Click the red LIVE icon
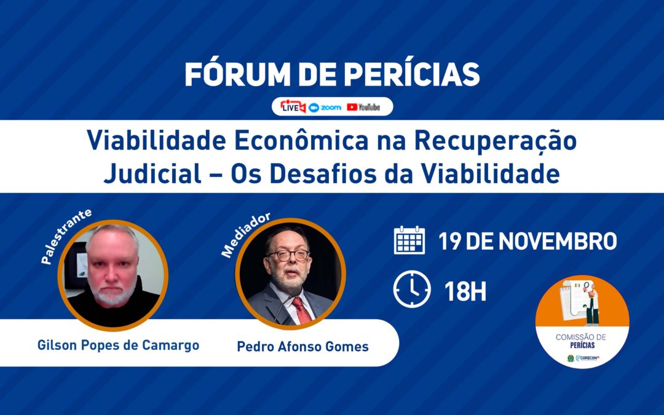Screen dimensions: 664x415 click(x=293, y=107)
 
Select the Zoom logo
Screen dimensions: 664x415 click(x=325, y=108)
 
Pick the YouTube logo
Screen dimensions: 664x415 click(x=363, y=107)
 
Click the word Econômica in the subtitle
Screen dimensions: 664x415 click(x=301, y=141)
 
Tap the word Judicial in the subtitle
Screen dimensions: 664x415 click(x=152, y=173)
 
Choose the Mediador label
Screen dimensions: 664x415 click(x=245, y=234)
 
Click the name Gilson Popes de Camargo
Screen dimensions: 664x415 click(x=118, y=345)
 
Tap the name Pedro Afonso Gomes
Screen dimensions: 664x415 click(x=302, y=346)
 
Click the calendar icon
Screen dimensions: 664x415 click(x=409, y=240)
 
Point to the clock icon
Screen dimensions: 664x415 click(x=411, y=289)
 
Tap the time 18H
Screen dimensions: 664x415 click(x=465, y=291)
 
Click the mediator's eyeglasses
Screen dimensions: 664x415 click(x=288, y=255)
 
